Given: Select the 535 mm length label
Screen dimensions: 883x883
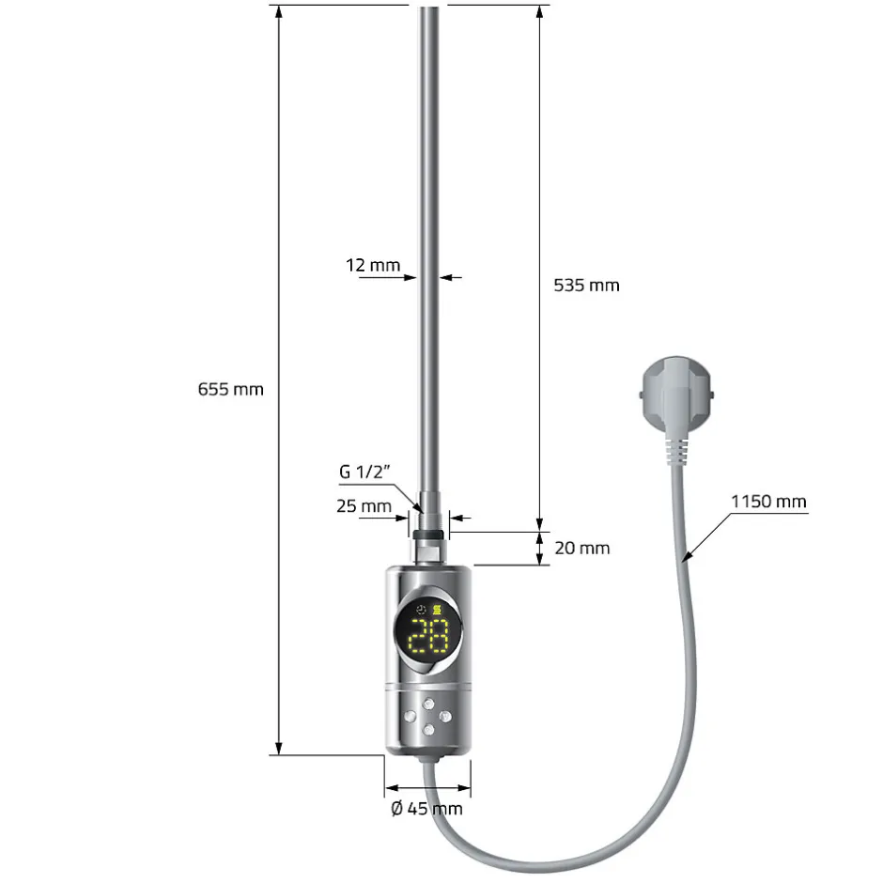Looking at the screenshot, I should (587, 285).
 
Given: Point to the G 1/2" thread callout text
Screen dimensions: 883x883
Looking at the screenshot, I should (369, 472).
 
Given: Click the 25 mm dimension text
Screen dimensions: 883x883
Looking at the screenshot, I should (364, 506).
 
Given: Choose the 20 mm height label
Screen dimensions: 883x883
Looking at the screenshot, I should (581, 548).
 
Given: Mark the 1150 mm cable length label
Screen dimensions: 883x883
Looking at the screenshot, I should (768, 502).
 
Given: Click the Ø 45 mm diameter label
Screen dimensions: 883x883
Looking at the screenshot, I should (426, 808).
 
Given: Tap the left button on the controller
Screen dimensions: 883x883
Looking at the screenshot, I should (411, 717).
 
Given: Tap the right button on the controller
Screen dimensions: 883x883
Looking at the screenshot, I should (446, 717).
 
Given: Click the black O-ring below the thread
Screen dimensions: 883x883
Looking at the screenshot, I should (428, 534).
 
